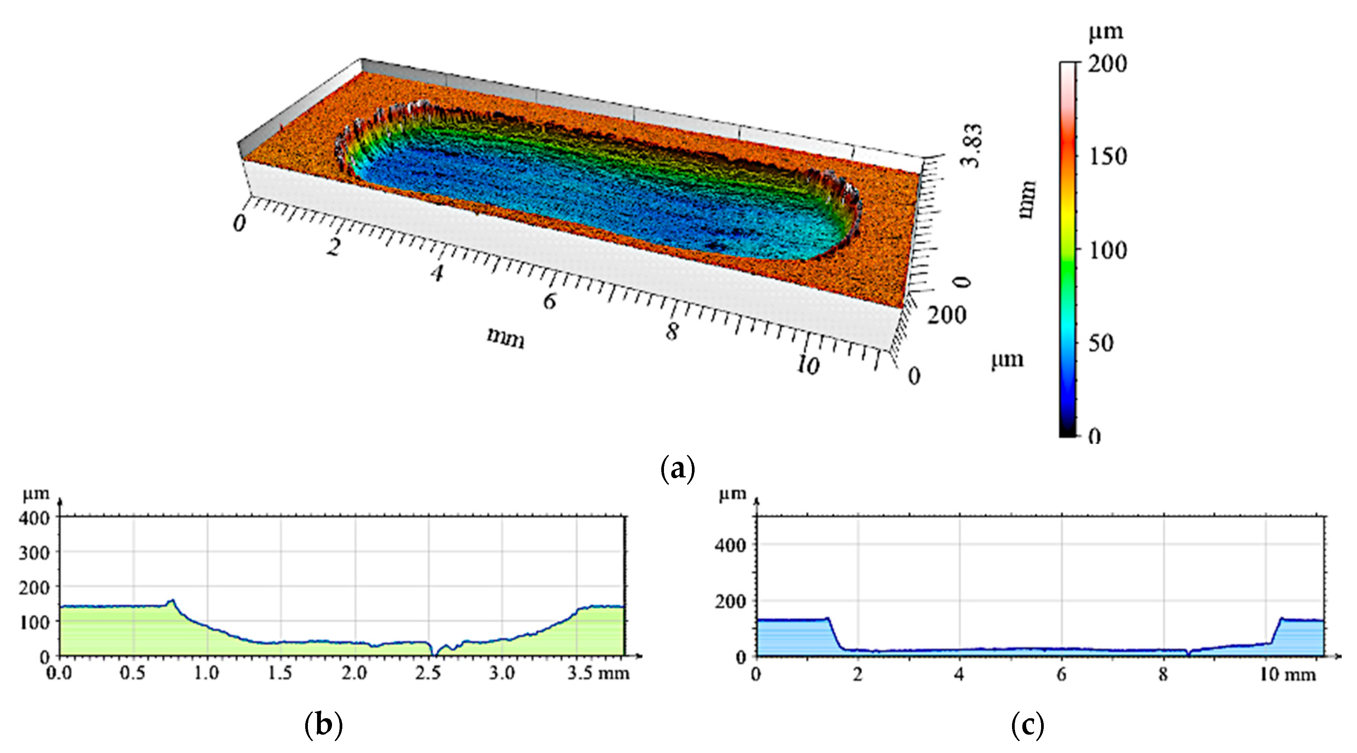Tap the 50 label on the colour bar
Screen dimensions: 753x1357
tap(1101, 343)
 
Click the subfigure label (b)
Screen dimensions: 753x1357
tap(324, 725)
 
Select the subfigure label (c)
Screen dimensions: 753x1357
tap(1027, 725)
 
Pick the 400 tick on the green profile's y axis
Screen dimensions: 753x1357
tap(34, 518)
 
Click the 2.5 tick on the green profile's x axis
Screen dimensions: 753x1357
tap(427, 673)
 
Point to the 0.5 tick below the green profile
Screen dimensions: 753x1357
tap(132, 673)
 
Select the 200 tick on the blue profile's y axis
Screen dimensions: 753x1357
tap(730, 601)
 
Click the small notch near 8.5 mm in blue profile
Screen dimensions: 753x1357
tap(1188, 654)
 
